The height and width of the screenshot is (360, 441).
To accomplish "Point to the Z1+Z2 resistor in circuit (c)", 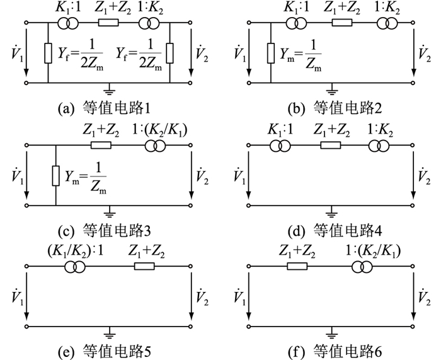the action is pos(100,144).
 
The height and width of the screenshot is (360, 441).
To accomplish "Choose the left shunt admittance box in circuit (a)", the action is pos(48,54).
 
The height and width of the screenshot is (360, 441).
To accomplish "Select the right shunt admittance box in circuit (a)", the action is pos(171,54).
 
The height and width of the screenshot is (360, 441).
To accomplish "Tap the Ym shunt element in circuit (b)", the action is pos(270,54).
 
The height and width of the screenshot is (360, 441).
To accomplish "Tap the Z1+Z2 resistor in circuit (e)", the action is pos(144,267).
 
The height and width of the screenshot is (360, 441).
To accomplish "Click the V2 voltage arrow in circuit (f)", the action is pos(413,296).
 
